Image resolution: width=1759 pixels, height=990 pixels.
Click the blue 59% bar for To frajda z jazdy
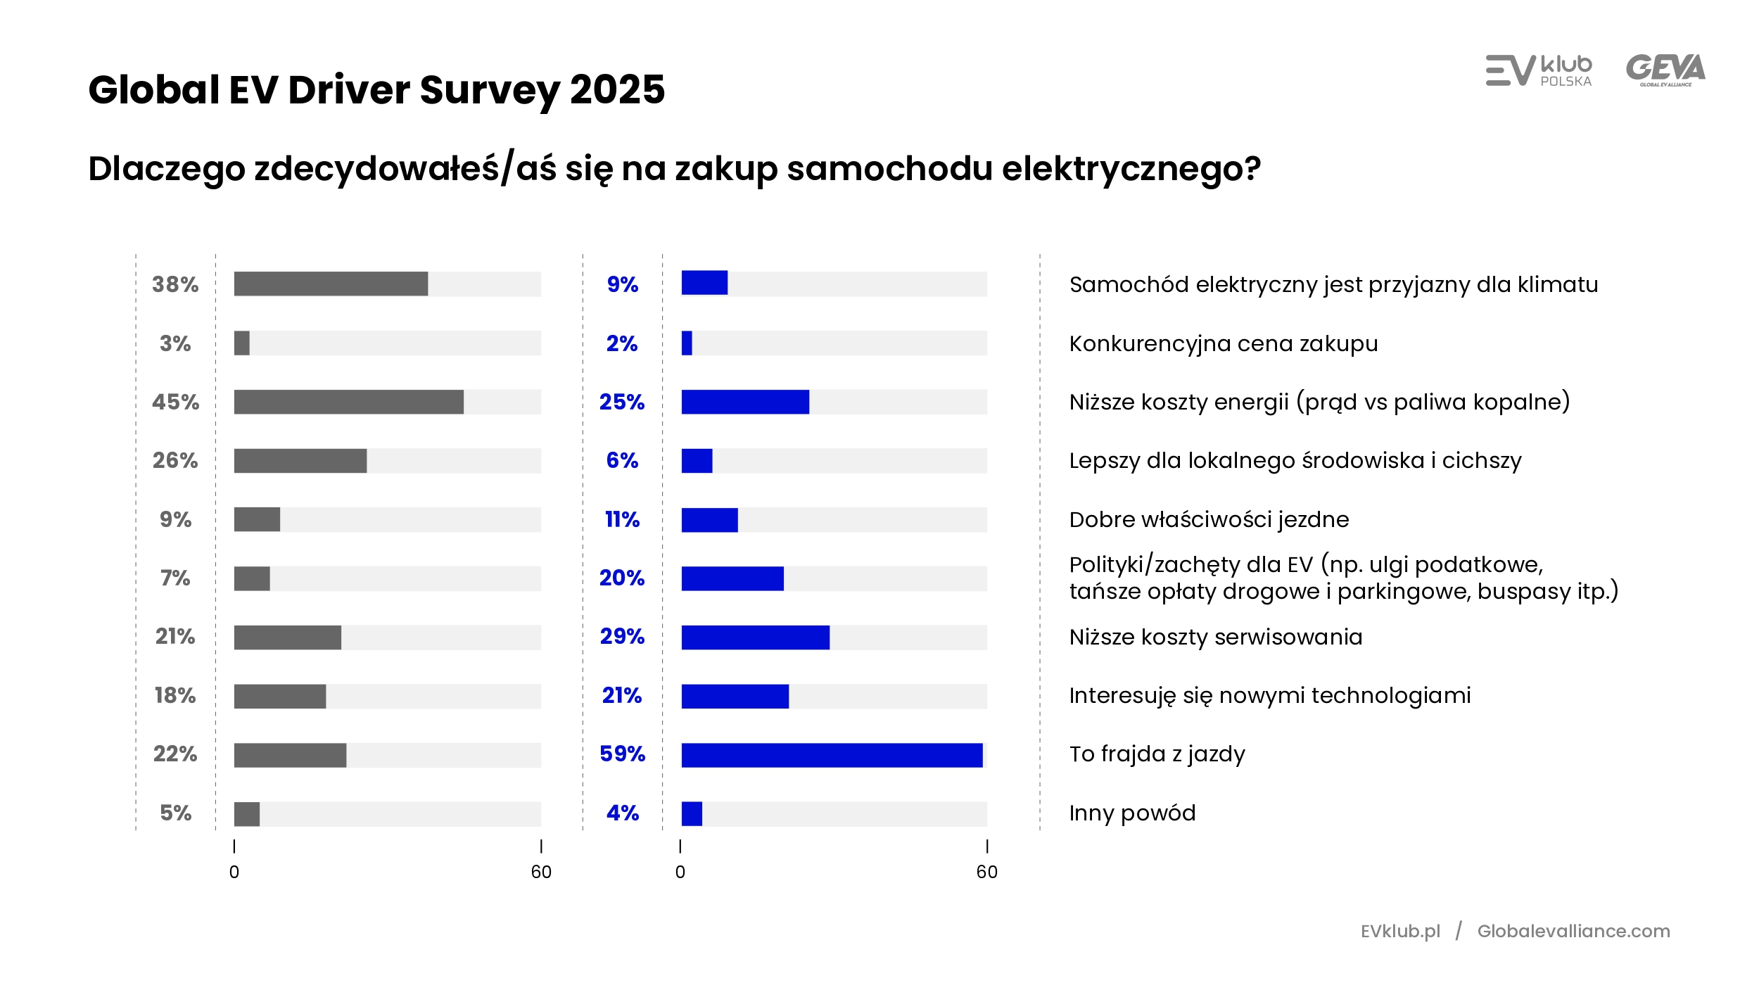832,755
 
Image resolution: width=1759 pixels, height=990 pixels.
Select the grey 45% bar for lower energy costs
348,402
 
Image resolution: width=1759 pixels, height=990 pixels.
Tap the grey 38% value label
175,284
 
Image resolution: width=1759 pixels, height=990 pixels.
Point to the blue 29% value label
622,636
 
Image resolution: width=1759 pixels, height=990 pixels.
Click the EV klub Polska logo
1538,70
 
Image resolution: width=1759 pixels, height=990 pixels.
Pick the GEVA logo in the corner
1665,70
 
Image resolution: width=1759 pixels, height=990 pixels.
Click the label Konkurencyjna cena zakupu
1223,343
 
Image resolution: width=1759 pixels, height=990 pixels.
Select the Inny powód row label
1132,813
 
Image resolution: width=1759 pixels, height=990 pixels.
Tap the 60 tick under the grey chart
541,872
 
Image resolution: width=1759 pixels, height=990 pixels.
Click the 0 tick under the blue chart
680,872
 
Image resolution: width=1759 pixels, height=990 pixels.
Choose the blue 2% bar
687,343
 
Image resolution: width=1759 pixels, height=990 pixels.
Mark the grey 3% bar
241,343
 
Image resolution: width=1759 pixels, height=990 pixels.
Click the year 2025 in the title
617,90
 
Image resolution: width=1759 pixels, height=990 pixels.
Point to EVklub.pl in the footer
1400,931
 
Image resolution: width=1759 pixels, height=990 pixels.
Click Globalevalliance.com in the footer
1573,931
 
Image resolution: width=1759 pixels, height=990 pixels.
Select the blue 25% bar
745,402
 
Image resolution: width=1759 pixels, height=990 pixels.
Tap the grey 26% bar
300,461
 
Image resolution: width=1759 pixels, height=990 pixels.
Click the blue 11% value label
622,519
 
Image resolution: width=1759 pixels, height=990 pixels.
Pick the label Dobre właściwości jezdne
1209,519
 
